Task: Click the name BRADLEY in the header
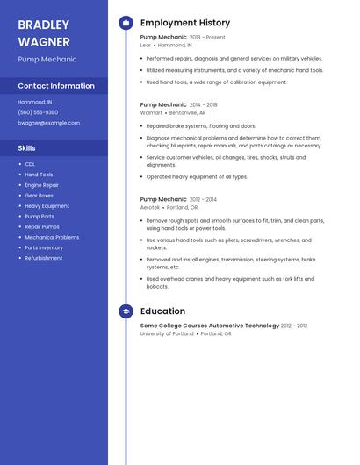[44, 25]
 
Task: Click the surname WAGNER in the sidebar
[44, 42]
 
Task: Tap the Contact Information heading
[56, 86]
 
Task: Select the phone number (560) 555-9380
[38, 112]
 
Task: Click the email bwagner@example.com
[48, 123]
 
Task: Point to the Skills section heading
[27, 148]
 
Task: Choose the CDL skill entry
[30, 164]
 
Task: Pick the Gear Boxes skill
[39, 196]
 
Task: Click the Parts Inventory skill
[44, 247]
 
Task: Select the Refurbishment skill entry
[43, 258]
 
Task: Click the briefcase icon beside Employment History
[126, 23]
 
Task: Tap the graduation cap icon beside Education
[126, 311]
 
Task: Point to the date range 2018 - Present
[207, 38]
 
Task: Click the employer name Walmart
[151, 112]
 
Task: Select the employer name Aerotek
[151, 207]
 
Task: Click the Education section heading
[162, 311]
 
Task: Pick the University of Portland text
[166, 333]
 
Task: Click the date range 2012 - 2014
[204, 199]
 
